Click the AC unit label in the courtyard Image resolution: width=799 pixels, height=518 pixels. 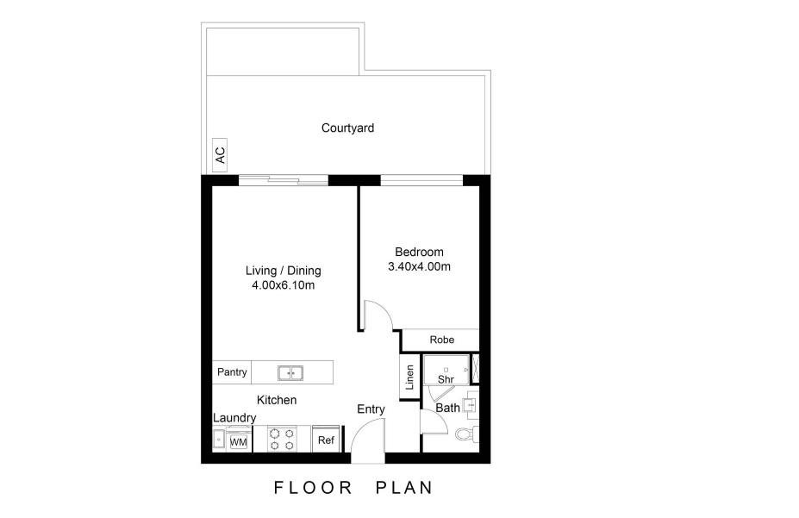coord(220,155)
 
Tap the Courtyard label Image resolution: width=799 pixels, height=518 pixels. coord(347,128)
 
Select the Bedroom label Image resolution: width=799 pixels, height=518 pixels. coord(419,253)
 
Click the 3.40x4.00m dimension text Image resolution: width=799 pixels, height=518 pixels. coord(419,267)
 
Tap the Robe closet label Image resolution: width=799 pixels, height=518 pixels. coord(441,340)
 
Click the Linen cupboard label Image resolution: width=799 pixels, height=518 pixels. coord(410,377)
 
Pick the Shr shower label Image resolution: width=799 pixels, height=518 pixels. coord(446,379)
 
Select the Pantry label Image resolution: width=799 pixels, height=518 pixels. coord(232,372)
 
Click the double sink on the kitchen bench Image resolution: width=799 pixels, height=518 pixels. coord(290,373)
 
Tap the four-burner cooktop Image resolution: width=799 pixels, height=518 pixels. coord(281,440)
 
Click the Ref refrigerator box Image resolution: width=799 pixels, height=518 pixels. coord(326,440)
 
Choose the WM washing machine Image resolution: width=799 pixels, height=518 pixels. coord(238,442)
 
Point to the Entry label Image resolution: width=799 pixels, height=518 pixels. coord(371,409)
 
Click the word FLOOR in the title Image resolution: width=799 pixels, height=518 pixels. coord(314,488)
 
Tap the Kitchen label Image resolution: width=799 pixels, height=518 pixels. coord(277,400)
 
